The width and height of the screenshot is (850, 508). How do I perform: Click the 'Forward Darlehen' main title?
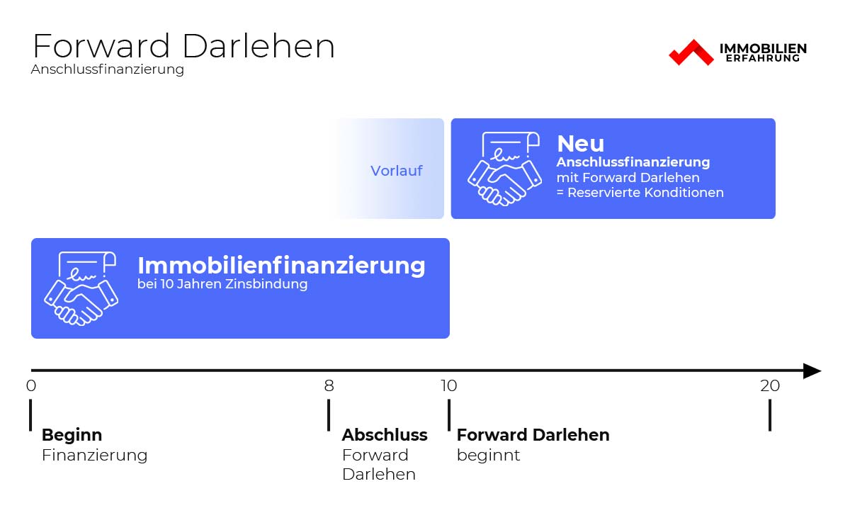coord(183,46)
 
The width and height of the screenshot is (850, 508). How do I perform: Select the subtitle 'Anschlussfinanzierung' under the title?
coord(108,69)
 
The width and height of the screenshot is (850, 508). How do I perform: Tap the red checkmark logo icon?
coord(691,52)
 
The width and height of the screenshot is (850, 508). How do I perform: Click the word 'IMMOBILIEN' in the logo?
coord(763,48)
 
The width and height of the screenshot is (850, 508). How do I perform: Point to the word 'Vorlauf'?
coord(396,171)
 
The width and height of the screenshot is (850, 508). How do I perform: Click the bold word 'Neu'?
coord(581,144)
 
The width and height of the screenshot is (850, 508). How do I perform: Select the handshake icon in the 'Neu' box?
coord(504,169)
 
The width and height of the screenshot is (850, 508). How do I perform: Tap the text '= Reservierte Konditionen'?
coord(640,193)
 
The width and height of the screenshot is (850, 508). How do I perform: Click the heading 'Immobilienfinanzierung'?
coord(281,265)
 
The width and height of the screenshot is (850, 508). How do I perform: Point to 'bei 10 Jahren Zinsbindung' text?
coord(222,284)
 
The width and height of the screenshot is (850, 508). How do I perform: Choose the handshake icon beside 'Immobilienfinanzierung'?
coord(81,288)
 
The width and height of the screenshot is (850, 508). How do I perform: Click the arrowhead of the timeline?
coord(812,371)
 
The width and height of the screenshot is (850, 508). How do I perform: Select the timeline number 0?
coord(31,385)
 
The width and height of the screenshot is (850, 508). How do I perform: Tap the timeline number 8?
coord(329,385)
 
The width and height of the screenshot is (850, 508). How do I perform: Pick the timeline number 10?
coord(448,385)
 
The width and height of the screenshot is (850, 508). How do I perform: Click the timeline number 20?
coord(770,385)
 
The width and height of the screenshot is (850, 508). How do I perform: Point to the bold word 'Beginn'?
coord(72,435)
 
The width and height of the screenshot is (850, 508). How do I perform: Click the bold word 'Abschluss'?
coord(385,435)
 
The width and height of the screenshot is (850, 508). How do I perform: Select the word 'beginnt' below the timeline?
coord(488,456)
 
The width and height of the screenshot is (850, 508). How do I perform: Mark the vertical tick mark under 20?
coord(770,415)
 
